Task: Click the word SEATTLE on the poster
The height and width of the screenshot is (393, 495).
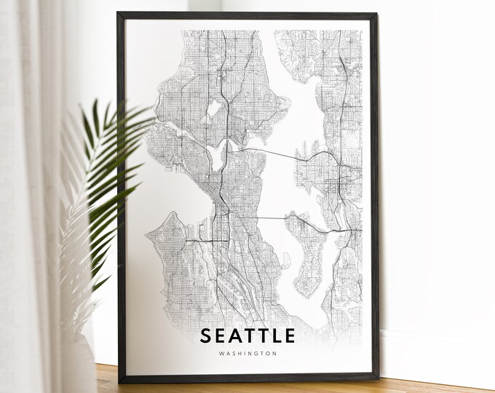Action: (x=247, y=336)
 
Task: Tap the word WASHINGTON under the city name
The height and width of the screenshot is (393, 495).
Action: (x=247, y=354)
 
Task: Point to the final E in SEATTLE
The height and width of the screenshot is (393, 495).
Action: (x=290, y=336)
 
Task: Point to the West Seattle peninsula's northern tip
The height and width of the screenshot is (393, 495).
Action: (x=173, y=214)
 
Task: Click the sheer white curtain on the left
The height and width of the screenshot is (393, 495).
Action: (x=29, y=182)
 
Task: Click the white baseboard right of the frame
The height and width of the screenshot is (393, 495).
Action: (x=437, y=349)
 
